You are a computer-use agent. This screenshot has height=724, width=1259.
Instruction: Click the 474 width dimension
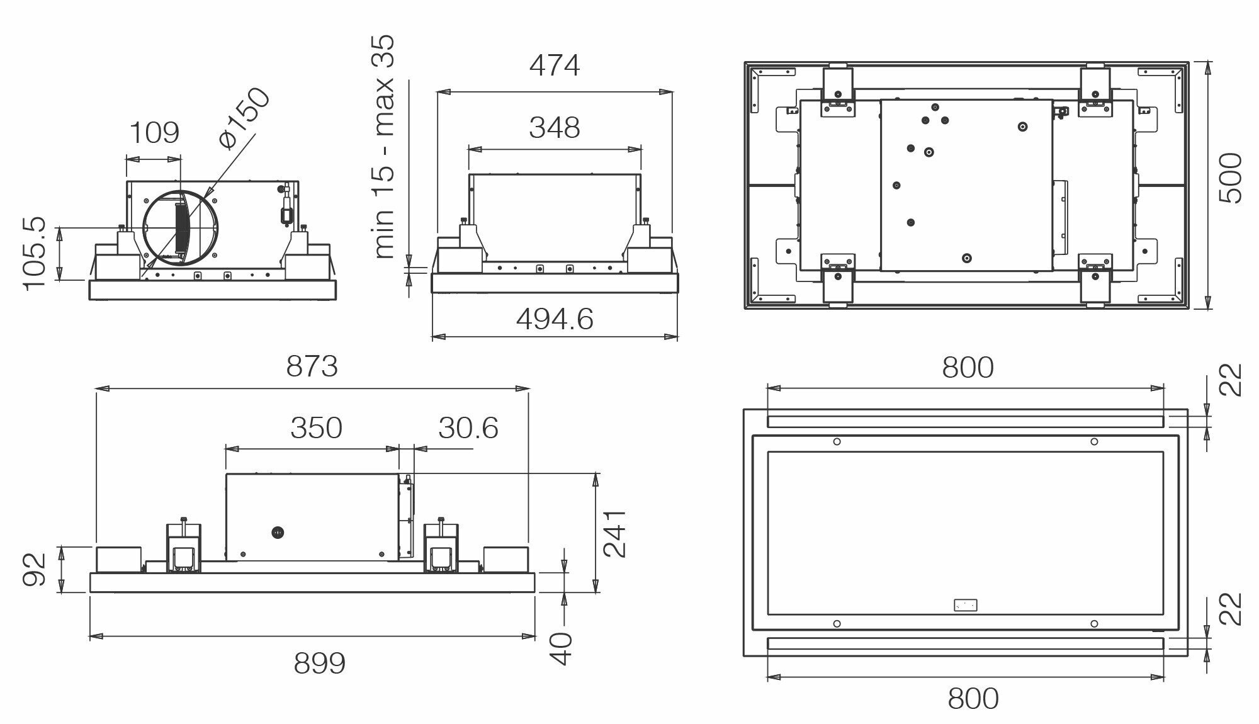click(554, 65)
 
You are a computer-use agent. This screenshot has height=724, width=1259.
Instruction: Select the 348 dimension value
click(554, 128)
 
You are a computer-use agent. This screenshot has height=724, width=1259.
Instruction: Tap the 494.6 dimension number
click(555, 320)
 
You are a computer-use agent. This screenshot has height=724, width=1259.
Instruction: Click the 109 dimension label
click(154, 133)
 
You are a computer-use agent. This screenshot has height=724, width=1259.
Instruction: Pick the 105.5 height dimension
click(35, 253)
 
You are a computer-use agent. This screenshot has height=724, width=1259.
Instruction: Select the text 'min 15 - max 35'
click(383, 146)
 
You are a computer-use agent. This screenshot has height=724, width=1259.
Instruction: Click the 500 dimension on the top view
click(1231, 178)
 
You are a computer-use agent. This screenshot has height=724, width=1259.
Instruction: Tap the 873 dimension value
click(312, 366)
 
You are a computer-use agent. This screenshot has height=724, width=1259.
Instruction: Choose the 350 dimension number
click(316, 428)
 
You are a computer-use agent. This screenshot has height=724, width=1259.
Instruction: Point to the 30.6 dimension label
click(468, 428)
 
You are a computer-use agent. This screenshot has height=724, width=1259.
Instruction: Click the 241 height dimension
click(614, 533)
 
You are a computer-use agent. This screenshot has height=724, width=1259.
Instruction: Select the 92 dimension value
click(35, 569)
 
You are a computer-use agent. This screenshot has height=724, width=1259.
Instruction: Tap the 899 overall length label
click(319, 663)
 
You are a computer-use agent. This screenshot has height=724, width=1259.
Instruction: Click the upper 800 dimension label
click(968, 368)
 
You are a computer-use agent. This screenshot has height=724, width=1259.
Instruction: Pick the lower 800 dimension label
click(973, 698)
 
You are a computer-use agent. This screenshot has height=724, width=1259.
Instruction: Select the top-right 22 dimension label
click(1231, 380)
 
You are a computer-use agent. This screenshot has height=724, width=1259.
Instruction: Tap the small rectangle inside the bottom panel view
click(966, 605)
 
